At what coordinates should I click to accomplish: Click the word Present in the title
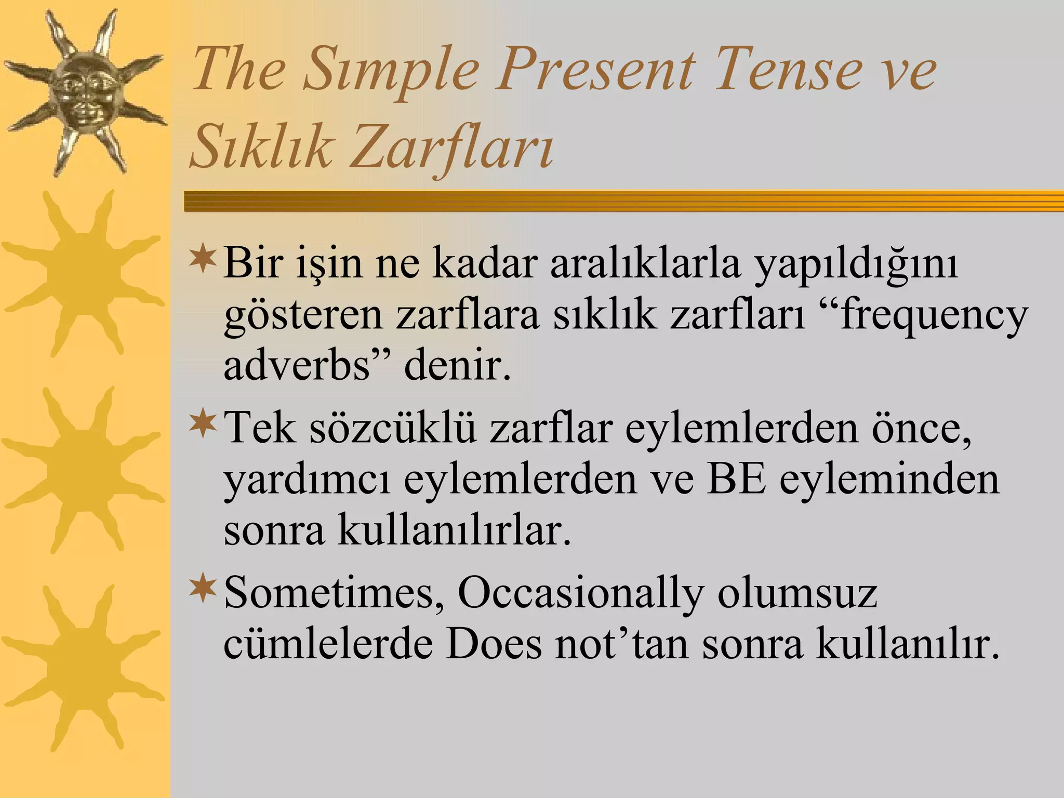pos(593,70)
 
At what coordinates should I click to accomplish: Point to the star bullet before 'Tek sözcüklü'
pos(203,423)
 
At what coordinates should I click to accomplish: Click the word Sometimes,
pos(332,592)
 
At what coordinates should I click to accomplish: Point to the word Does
pos(494,644)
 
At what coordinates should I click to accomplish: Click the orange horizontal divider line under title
pos(623,201)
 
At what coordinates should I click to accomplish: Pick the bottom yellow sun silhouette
pos(83,668)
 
